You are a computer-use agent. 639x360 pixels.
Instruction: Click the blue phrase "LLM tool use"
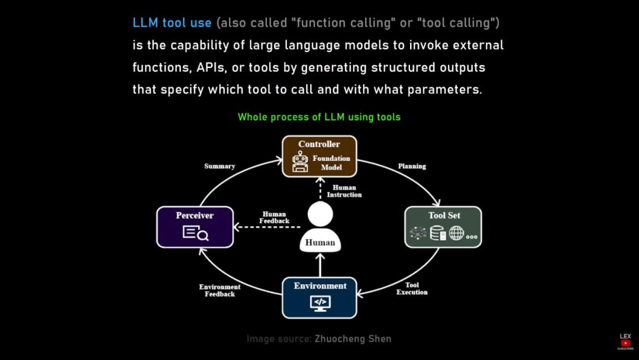[172, 23]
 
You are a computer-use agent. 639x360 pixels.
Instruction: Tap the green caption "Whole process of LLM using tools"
[319, 117]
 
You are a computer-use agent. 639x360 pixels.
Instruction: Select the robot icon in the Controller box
[300, 162]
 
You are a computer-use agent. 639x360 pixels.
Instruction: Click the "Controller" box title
[319, 144]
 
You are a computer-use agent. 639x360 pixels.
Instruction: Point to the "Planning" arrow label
[412, 166]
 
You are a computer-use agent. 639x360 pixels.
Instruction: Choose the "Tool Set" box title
[444, 216]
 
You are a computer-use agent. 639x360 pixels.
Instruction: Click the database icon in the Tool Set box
[438, 233]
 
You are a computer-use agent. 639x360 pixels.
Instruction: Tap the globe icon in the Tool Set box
[456, 233]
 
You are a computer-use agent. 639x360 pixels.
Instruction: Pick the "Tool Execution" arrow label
[412, 288]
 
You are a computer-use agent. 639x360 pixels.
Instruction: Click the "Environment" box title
[320, 286]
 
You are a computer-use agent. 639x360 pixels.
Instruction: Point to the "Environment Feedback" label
[220, 290]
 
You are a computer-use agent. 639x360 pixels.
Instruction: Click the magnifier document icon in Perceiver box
[195, 233]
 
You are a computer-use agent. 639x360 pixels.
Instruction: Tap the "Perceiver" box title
[194, 216]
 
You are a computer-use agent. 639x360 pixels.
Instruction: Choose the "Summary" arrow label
[220, 166]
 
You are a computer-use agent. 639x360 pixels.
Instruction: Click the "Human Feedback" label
[274, 218]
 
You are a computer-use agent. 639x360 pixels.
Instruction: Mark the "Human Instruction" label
[344, 191]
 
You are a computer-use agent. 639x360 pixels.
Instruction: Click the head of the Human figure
[320, 214]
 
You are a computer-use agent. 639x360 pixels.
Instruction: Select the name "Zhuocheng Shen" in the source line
[353, 339]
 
